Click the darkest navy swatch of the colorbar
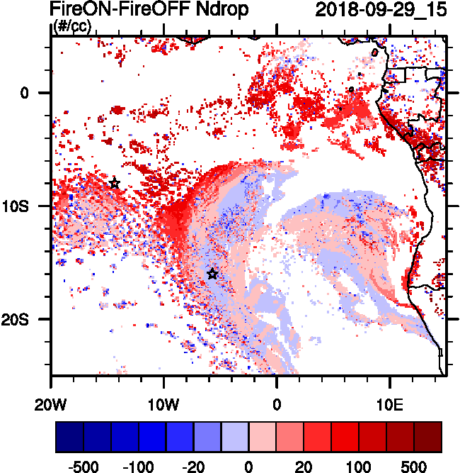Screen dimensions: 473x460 (69, 437)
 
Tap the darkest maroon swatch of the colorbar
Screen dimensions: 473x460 (428, 437)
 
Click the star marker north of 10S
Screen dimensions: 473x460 (115, 184)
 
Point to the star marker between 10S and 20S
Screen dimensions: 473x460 (212, 274)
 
